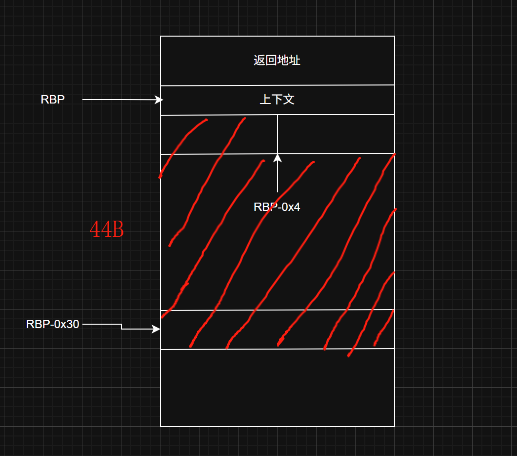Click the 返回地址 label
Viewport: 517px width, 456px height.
[x=277, y=61]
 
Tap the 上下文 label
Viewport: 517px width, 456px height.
[x=277, y=100]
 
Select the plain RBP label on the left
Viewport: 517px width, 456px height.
[x=53, y=100]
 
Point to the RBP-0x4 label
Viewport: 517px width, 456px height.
[x=277, y=207]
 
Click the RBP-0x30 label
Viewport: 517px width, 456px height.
[x=53, y=324]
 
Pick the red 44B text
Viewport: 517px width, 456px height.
[x=107, y=229]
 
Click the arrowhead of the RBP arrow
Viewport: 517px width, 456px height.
[x=159, y=100]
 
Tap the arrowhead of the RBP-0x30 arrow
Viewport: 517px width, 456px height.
[x=157, y=329]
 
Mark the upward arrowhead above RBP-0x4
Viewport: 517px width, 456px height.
[x=278, y=158]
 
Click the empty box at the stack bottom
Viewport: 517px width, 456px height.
[x=277, y=388]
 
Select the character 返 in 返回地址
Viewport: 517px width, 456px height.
[x=259, y=61]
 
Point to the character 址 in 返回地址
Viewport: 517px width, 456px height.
[x=295, y=61]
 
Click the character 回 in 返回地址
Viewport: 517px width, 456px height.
[x=271, y=61]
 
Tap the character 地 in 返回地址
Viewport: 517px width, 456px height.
[x=283, y=61]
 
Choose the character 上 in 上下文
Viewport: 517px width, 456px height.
[x=265, y=100]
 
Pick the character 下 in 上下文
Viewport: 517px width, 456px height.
[x=277, y=100]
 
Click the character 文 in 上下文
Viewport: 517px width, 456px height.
[x=289, y=100]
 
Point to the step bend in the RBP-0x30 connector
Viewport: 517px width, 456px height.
[x=121, y=327]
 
